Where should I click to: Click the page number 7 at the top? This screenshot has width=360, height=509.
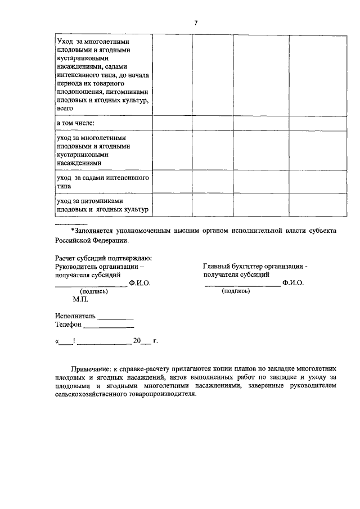[196, 22]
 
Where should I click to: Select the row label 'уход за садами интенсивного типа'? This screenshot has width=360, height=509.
[102, 181]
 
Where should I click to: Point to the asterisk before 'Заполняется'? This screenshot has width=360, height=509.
[72, 231]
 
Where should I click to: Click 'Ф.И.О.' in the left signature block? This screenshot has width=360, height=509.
[139, 283]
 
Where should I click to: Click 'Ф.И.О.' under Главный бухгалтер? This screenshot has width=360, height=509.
[293, 283]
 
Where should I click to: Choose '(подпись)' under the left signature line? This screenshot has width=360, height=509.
[94, 291]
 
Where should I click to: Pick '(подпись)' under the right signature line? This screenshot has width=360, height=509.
[235, 291]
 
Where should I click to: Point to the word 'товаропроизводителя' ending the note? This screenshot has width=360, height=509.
[160, 394]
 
